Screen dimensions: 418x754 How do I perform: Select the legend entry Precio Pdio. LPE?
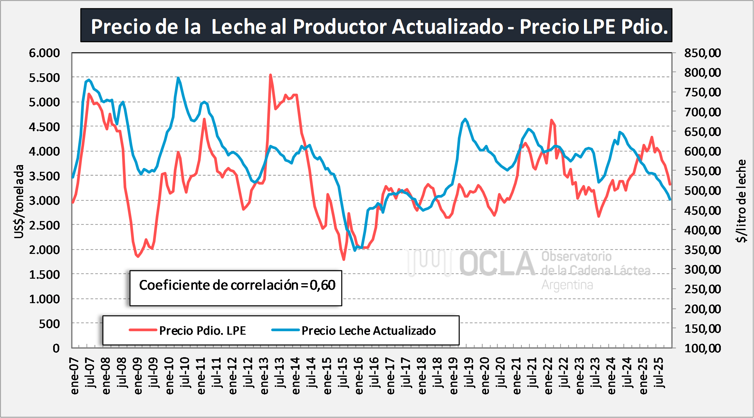tap(202, 330)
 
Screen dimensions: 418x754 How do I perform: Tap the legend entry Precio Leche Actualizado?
tap(368, 330)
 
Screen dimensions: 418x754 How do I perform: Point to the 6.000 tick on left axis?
tap(44, 53)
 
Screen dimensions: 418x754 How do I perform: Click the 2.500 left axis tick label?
tap(44, 225)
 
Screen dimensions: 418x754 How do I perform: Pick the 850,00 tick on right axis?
tap(702, 53)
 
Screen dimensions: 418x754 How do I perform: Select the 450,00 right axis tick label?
tap(702, 210)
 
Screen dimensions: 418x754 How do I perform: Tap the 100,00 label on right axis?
tap(702, 348)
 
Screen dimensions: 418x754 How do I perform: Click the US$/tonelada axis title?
tap(19, 201)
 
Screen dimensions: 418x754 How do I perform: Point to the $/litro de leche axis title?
tap(741, 201)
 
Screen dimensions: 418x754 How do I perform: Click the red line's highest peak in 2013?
tap(270, 75)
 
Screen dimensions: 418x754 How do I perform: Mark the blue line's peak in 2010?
tap(178, 78)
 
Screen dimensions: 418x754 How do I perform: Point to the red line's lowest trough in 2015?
tap(344, 259)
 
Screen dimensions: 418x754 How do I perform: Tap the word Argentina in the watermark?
tap(567, 285)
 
